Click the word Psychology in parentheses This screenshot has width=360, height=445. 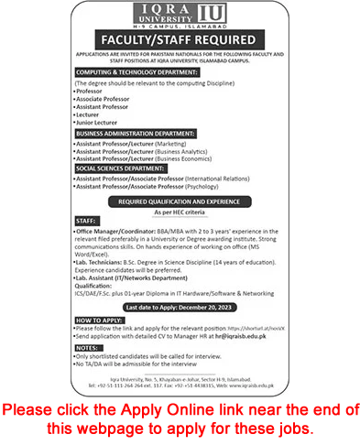click(x=224, y=186)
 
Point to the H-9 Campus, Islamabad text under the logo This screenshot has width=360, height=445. click(x=180, y=31)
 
